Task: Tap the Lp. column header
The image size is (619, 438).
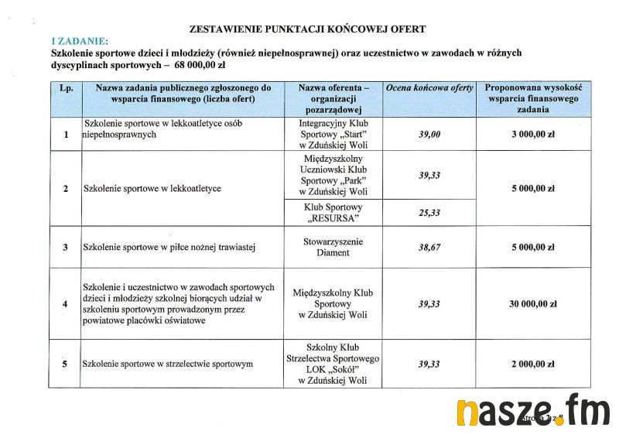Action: click(66, 88)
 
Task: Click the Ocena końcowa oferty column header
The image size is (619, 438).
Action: click(429, 88)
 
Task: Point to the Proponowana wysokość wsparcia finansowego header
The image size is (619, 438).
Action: click(533, 99)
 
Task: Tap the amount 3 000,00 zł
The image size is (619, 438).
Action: click(533, 134)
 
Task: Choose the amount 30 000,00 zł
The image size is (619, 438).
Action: click(533, 304)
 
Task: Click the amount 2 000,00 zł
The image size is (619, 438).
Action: click(533, 364)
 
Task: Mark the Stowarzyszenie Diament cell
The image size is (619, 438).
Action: click(333, 247)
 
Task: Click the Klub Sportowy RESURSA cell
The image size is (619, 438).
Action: click(333, 213)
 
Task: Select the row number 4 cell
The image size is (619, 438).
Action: click(66, 304)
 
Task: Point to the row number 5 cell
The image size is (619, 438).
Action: click(66, 364)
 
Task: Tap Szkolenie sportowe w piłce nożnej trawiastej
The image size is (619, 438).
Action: click(169, 248)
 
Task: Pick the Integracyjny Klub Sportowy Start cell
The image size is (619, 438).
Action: click(333, 134)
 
